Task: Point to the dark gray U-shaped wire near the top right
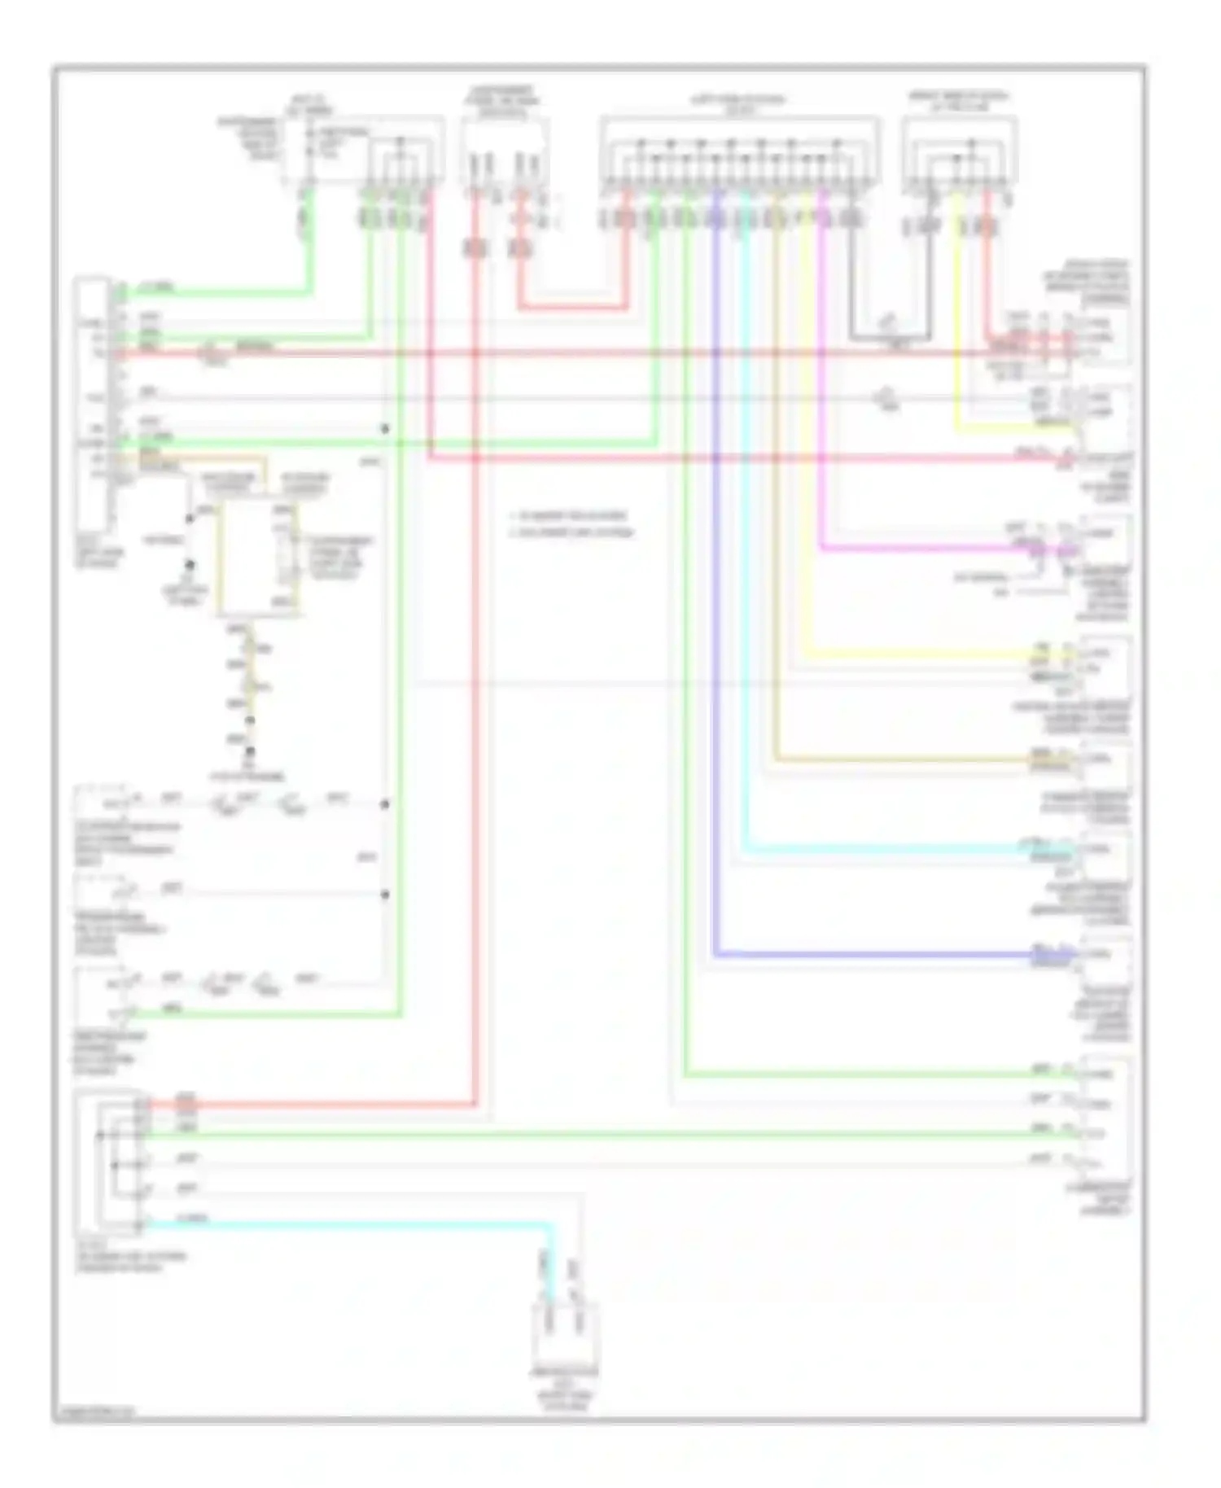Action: click(891, 336)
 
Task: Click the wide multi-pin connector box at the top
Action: click(739, 152)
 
